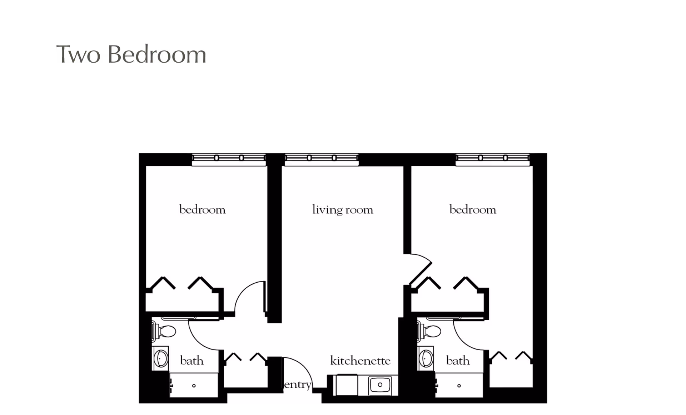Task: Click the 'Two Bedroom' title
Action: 131,55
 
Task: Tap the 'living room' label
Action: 343,210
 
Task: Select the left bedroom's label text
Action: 202,210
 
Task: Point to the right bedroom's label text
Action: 472,210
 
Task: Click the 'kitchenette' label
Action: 360,361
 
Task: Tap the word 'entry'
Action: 297,385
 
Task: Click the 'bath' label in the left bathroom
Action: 192,361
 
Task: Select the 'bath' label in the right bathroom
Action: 458,361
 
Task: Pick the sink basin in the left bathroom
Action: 161,358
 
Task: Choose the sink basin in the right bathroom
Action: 426,358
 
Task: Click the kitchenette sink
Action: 380,385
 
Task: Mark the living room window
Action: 322,158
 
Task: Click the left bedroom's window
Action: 229,158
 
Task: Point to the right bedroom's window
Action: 492,158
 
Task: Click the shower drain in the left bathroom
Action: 194,386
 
